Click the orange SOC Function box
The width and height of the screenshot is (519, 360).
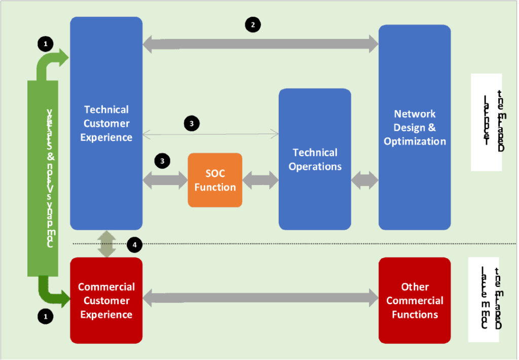pos(215,180)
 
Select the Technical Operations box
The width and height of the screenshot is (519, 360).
pos(315,159)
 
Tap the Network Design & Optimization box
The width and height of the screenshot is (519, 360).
pos(415,127)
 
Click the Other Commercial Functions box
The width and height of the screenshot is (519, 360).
pos(415,300)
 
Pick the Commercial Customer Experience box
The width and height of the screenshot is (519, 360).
pos(106,300)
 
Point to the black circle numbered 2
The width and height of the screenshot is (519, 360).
pos(252,24)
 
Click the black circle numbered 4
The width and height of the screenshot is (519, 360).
pos(134,245)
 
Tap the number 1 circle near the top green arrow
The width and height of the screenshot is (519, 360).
pos(45,44)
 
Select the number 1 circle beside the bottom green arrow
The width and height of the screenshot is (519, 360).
pos(45,316)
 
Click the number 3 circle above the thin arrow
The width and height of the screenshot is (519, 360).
pos(191,123)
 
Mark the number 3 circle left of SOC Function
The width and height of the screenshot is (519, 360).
pos(162,161)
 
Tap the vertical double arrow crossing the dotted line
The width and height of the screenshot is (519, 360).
pos(106,244)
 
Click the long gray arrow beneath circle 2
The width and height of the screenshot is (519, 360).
pos(261,44)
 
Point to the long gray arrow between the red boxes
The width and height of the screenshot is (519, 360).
pos(261,298)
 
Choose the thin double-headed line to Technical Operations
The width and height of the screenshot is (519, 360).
pos(210,134)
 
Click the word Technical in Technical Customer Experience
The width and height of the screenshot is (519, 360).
pos(106,110)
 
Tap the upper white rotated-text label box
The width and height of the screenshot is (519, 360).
pos(486,122)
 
